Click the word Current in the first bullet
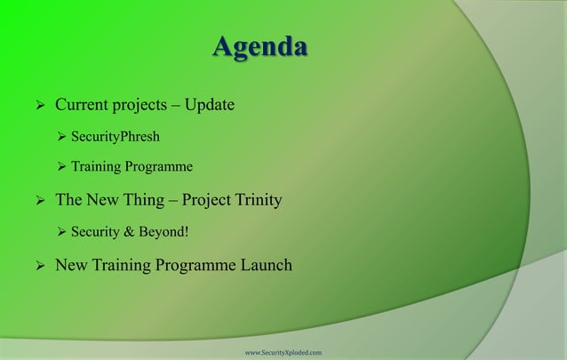tap(83, 107)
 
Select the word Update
tap(210, 107)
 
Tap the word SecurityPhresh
tap(116, 138)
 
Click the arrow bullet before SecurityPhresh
tap(61, 138)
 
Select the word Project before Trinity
tap(202, 200)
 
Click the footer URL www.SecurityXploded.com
tap(283, 353)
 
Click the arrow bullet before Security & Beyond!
tap(61, 233)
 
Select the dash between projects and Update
tap(178, 108)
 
